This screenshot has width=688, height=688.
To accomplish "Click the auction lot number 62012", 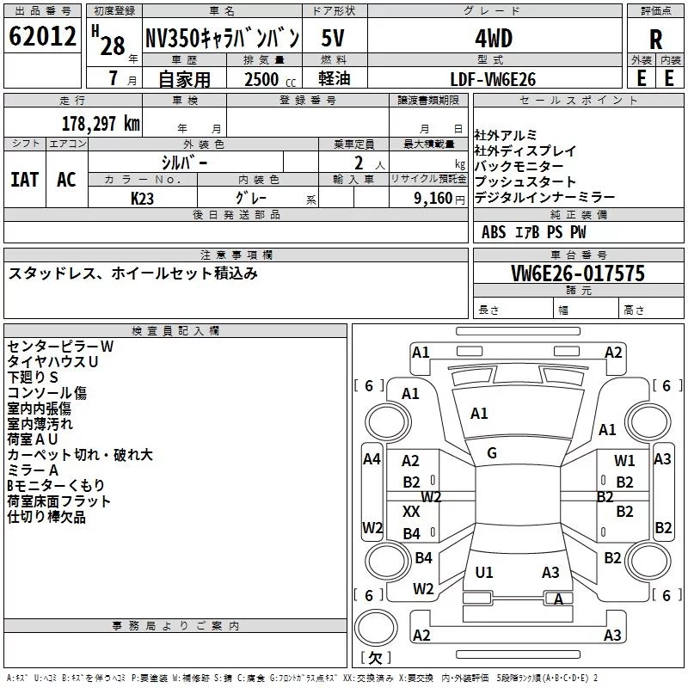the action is tap(42, 37).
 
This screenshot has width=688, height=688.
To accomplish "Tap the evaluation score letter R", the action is tap(655, 40).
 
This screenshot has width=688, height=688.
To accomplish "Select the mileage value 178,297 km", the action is tap(100, 123).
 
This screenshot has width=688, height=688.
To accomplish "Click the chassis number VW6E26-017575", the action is tap(578, 273).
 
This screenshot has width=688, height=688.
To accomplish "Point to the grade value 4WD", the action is tap(494, 39).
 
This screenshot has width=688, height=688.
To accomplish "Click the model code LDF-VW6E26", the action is tap(493, 78).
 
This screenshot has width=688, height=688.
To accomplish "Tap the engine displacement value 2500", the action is tap(261, 79).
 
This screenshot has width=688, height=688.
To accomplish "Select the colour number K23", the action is tap(143, 198).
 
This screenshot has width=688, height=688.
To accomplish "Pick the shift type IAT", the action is tap(24, 179).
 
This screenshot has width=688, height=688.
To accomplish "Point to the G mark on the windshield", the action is tap(492, 452).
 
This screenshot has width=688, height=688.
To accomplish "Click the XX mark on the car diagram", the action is tap(411, 511).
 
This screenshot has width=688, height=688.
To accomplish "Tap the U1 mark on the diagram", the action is tap(484, 572).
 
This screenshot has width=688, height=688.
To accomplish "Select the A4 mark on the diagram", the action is tap(372, 459).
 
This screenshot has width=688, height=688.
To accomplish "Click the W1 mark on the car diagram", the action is tap(624, 461).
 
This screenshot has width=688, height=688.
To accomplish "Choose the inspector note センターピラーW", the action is tap(60, 347).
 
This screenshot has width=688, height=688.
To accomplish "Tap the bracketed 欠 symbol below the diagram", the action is tap(374, 658).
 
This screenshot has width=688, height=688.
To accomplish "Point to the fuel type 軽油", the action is tap(333, 79).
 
